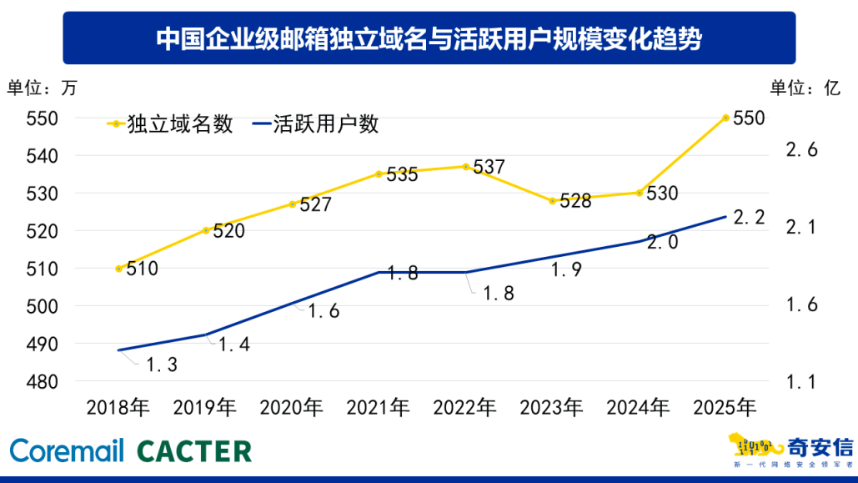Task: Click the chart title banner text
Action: [x=429, y=38]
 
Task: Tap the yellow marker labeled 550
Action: [x=726, y=118]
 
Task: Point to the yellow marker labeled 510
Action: [x=119, y=269]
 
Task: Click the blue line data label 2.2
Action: [x=748, y=217]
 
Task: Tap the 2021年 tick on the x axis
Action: [x=379, y=408]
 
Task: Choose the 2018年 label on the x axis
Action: [x=118, y=408]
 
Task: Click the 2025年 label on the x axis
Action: [x=725, y=408]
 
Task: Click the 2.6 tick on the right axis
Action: [x=802, y=150]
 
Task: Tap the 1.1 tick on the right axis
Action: [x=802, y=382]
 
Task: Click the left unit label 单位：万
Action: [x=41, y=88]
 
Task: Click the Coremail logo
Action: [x=67, y=451]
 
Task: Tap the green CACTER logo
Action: [x=194, y=451]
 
